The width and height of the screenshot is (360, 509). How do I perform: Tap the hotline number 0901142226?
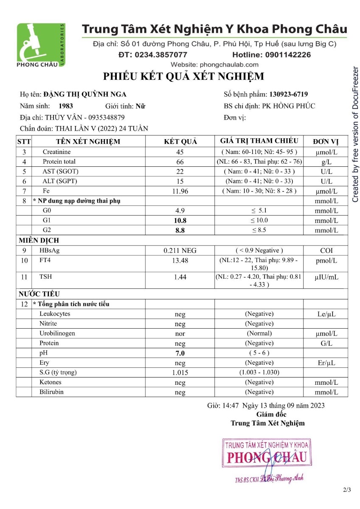[x=271, y=55]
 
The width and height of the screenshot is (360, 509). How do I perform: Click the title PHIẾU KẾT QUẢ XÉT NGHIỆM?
[x=183, y=77]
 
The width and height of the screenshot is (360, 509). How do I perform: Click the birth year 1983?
[x=65, y=106]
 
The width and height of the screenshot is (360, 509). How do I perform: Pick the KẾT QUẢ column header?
[x=180, y=142]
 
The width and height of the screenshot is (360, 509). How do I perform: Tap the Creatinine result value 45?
[x=180, y=152]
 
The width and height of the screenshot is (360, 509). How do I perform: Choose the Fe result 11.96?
[x=180, y=191]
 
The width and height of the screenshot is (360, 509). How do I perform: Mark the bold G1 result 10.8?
[x=180, y=221]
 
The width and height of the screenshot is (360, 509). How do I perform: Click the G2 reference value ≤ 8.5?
[x=259, y=230]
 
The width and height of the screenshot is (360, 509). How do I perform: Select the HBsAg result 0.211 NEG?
[x=180, y=251]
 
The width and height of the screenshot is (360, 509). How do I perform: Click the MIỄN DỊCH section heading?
[x=39, y=241]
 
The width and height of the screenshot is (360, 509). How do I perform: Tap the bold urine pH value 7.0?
[x=180, y=353]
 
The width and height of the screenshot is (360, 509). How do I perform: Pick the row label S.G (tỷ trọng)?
[x=58, y=372]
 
